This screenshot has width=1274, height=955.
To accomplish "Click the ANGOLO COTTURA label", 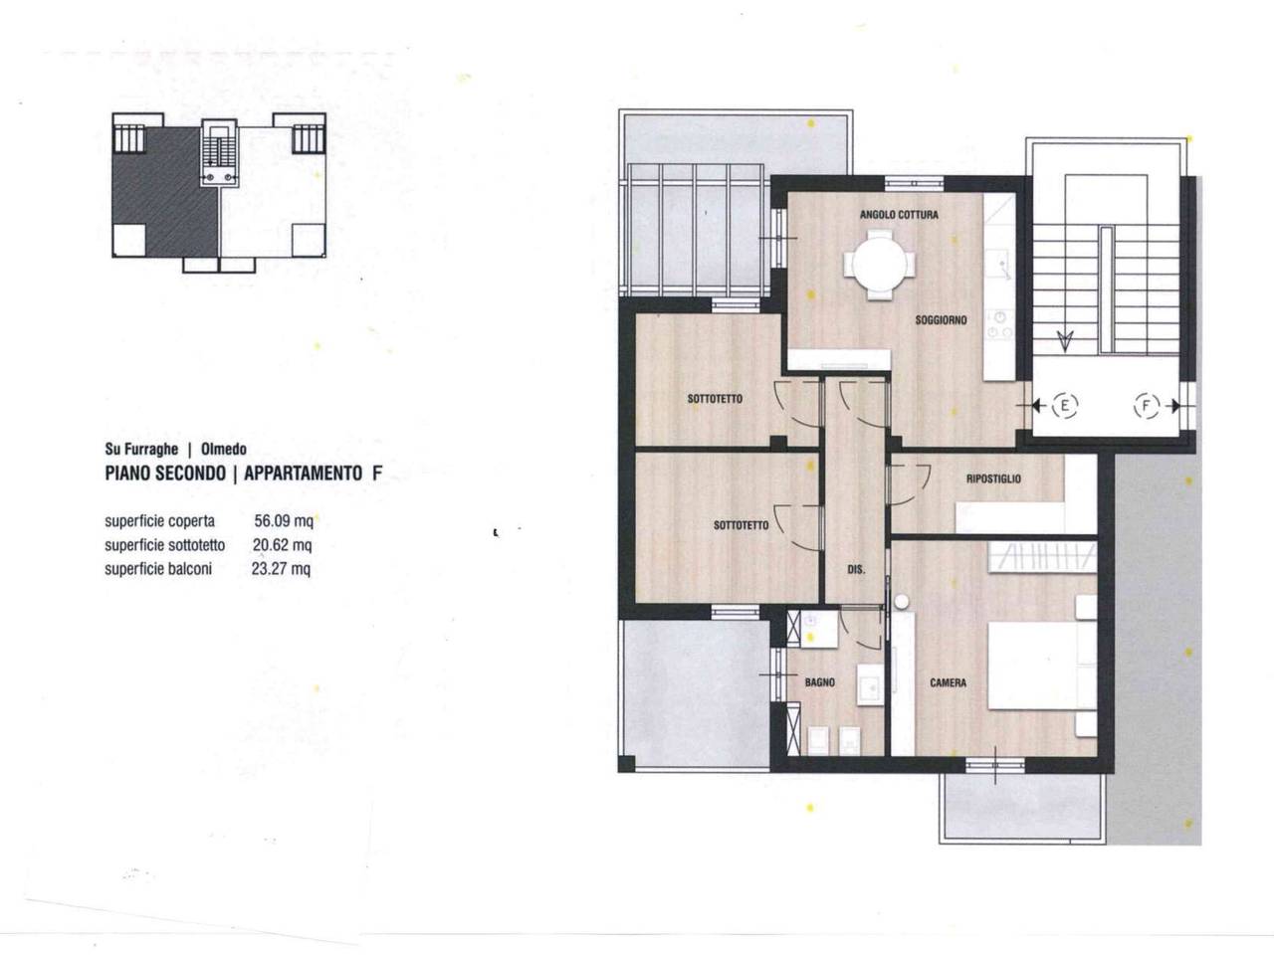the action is pos(899,215).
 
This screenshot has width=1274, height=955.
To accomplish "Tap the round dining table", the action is pos(879,265).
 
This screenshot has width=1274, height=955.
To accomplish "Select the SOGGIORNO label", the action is pos(941,319).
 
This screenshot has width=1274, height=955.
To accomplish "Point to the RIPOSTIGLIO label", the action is pos(993,478).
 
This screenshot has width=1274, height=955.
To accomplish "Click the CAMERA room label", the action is pos(948,682).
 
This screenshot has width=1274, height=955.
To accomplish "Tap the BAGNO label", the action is pos(819,682).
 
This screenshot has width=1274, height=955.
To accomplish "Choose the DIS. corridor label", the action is pos(856,569).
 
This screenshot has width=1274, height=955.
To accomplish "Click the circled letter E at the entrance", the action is pos(1064,405).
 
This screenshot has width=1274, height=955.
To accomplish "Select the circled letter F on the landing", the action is pos(1146,405).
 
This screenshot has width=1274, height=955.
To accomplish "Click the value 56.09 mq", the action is pos(284,520).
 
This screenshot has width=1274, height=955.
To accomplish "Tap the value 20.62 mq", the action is pos(282,545).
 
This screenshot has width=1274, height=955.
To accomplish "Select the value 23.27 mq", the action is pos(281,569).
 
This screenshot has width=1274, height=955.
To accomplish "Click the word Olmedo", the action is pos(224,449).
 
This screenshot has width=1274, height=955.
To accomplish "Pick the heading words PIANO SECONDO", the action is pos(165,474).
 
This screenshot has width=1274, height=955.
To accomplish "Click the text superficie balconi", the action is pos(158,569).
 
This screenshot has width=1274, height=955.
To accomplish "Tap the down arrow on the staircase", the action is pos(1064,341).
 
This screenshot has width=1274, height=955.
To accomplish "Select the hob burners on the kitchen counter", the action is pos(999,324).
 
